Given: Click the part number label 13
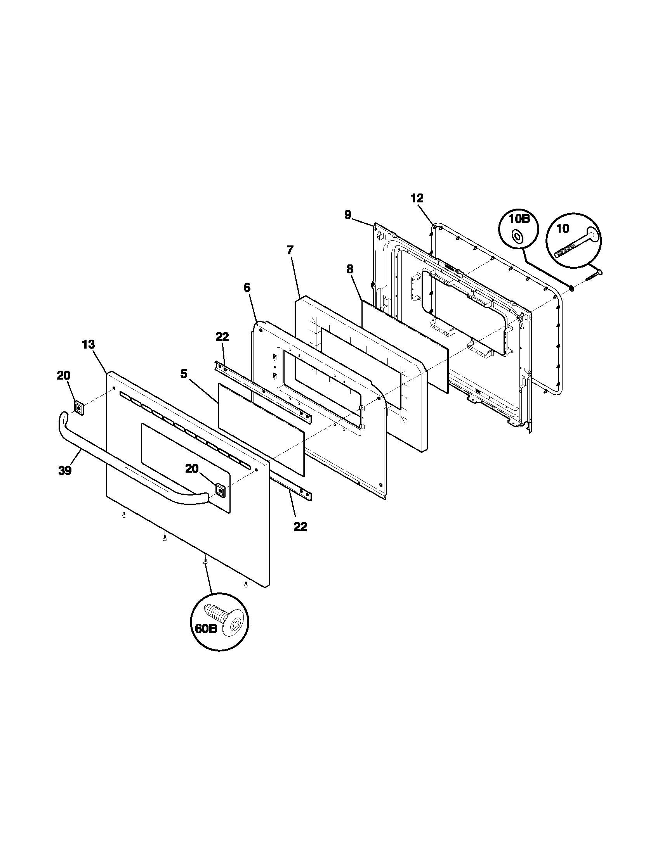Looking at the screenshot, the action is (89, 345).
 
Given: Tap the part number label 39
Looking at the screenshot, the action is (65, 471).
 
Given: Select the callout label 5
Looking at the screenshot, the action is (184, 374).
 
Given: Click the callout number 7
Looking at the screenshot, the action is (290, 250).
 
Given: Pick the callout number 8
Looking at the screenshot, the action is (349, 269).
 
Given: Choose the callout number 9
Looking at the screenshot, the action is (347, 214).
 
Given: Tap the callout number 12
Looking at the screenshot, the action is (417, 199).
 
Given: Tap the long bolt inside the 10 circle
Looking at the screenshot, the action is (575, 245).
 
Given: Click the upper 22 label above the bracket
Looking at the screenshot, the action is (222, 337).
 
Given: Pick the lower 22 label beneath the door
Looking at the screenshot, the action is (300, 527).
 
